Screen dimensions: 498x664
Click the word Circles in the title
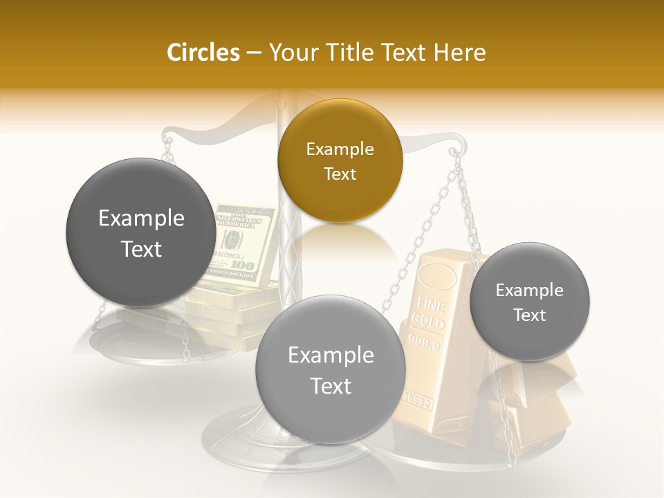coord(203,53)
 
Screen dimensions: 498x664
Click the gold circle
coord(340,161)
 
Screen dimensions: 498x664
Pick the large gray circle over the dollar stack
coord(141,233)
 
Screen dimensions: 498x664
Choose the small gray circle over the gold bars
coord(530,302)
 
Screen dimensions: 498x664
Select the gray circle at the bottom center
coord(331,370)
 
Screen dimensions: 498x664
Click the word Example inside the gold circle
coord(340,149)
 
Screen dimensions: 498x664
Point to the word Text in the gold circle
coord(340,174)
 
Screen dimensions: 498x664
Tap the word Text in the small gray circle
coord(530,315)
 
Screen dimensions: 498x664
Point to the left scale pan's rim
coord(104,346)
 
